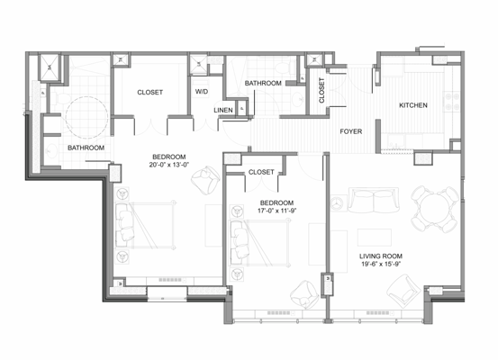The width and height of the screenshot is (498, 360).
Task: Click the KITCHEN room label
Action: (413, 106)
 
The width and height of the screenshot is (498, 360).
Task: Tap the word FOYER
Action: (351, 131)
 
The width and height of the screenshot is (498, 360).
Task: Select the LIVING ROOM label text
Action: (379, 256)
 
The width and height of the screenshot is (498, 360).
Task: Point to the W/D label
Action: (202, 92)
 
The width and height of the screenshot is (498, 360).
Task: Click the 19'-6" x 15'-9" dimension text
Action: (379, 266)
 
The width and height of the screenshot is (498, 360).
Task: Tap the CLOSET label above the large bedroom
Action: (149, 92)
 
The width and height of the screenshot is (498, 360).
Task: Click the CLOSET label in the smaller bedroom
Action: (260, 171)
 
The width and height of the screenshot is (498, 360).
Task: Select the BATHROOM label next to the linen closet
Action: (264, 83)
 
